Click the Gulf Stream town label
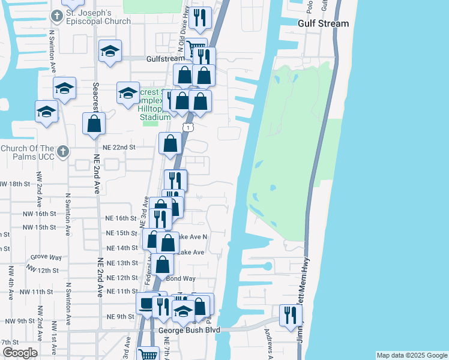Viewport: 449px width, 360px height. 323,23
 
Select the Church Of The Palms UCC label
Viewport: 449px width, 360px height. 28,152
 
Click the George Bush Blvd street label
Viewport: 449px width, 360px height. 189,330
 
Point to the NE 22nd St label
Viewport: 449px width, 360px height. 120,146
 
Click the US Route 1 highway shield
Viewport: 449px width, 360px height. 189,127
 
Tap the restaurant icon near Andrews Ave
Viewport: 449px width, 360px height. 291,314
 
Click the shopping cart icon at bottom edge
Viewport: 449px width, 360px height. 148,354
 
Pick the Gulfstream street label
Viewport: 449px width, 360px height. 165,59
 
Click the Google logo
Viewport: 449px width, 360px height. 19,353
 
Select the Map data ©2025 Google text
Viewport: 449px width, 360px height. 411,355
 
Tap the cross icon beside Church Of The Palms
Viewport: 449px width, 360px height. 62,151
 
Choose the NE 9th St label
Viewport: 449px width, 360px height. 120,316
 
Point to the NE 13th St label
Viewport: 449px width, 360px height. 122,263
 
